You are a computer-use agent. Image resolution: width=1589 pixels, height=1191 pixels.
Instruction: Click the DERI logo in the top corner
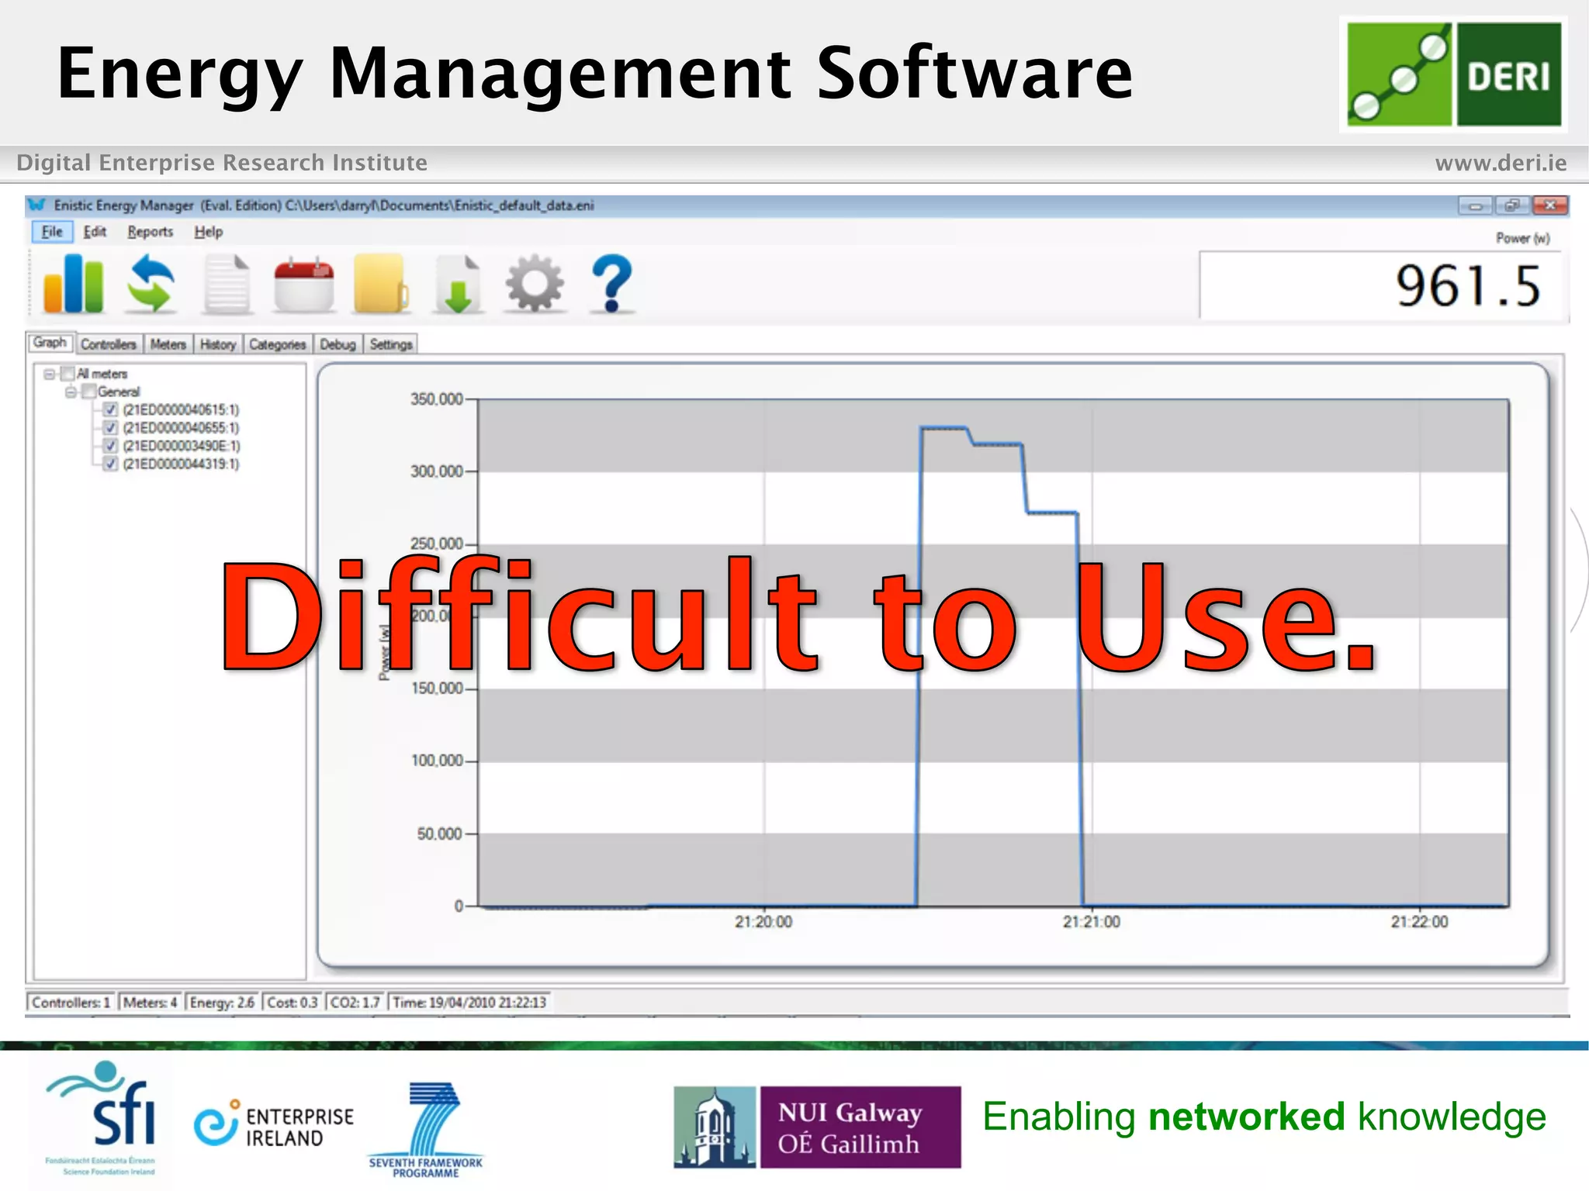tap(1453, 74)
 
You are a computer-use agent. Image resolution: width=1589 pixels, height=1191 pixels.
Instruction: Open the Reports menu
tap(150, 232)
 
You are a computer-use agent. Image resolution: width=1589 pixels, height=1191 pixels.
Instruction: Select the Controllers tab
tap(109, 344)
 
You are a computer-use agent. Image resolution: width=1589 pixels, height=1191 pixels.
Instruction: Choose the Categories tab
tap(277, 344)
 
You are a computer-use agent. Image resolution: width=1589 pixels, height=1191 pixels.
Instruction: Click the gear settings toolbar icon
tap(535, 285)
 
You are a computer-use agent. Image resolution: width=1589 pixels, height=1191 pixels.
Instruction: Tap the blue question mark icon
tap(612, 285)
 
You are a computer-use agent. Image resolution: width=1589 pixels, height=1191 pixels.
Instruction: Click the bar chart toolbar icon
tap(74, 285)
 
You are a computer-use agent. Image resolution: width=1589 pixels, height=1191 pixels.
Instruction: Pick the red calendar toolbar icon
tap(304, 285)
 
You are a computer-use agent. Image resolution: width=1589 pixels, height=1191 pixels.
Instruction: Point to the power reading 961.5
tap(1467, 287)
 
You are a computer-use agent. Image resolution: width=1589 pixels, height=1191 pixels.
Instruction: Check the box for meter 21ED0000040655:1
tap(110, 428)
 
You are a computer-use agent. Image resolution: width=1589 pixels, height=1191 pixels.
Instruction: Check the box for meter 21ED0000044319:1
tap(110, 464)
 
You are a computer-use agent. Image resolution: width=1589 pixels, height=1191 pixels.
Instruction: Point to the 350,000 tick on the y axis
tap(437, 399)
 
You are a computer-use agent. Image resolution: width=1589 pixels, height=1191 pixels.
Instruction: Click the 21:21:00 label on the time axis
tap(1091, 922)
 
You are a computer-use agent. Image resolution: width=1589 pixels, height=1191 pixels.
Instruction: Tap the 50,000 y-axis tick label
tap(440, 834)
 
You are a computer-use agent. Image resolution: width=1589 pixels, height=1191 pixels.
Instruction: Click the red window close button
tap(1550, 205)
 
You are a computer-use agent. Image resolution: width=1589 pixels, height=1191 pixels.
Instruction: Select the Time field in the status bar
tap(469, 1003)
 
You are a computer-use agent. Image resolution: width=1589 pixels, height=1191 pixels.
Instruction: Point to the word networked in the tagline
tap(1246, 1117)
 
